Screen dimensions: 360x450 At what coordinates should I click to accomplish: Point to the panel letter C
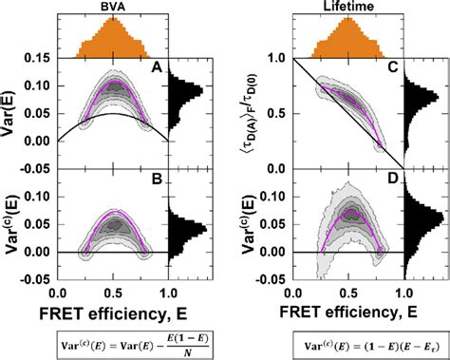pyautogui.click(x=392, y=68)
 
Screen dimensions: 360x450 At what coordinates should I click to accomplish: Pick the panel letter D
pyautogui.click(x=392, y=183)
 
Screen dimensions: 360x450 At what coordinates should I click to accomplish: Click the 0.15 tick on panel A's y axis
pyautogui.click(x=39, y=59)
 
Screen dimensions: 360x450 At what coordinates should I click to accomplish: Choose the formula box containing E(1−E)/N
pyautogui.click(x=113, y=343)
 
